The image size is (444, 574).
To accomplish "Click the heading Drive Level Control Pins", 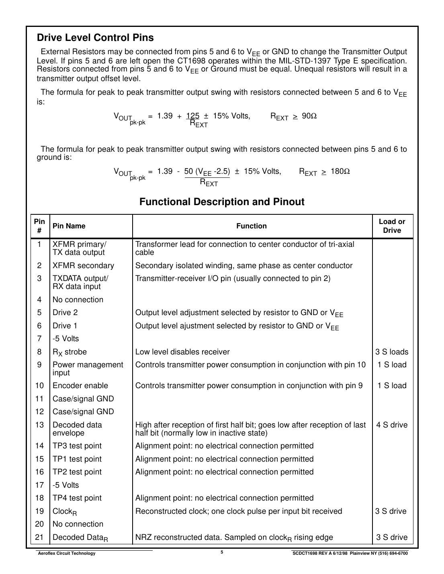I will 95,38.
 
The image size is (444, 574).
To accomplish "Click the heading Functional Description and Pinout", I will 222,202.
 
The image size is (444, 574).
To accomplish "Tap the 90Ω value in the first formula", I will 309,116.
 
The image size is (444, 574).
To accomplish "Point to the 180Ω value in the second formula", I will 340,171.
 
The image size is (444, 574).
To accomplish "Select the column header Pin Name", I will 69,226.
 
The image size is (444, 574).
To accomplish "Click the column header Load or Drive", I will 392,226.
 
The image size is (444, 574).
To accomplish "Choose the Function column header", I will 251,226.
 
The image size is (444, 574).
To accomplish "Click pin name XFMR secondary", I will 83,266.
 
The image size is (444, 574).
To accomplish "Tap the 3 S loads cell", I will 392,352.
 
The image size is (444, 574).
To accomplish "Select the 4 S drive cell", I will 392,425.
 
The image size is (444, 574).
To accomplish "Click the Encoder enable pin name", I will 80,386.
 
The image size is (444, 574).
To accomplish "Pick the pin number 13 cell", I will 39,425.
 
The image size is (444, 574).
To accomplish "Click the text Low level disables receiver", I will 182,352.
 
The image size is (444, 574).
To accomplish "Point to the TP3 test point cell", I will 77,446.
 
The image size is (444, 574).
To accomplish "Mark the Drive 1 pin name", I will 65,326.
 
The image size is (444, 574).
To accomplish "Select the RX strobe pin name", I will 70,352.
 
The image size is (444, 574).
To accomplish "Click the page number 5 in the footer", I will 222,552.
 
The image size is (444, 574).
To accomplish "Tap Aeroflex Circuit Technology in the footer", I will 66,554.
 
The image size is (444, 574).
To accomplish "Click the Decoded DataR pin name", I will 80,537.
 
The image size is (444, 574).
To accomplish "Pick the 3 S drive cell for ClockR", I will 391,511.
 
